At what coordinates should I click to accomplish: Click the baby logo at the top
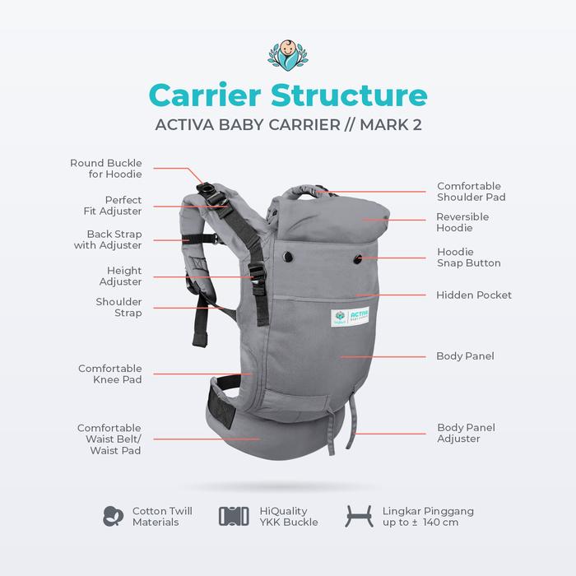click(x=288, y=54)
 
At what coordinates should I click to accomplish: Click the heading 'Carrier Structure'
click(x=288, y=95)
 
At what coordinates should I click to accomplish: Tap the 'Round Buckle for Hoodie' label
click(x=106, y=169)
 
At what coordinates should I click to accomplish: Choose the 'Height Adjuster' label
click(x=124, y=276)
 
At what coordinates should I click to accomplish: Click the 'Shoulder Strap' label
click(x=120, y=308)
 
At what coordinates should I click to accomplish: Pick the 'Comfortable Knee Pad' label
click(x=110, y=374)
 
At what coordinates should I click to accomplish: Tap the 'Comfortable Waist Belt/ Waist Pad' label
click(x=109, y=439)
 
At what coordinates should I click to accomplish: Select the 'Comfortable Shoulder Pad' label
click(x=469, y=192)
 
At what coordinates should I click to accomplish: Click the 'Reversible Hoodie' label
click(x=462, y=222)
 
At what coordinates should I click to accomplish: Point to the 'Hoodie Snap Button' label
click(x=468, y=258)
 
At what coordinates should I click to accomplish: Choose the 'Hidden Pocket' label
click(x=474, y=295)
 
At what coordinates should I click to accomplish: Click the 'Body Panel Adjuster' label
click(x=466, y=433)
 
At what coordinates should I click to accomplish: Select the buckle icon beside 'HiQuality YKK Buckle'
click(x=234, y=516)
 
